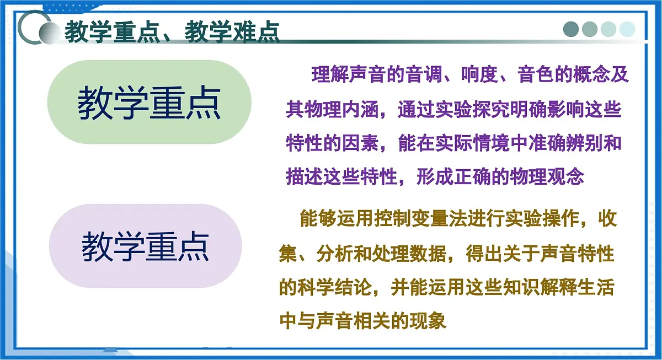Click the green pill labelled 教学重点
click(149, 103)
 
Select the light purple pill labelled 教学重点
click(146, 246)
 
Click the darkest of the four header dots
click(572, 29)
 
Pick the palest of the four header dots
click(627, 29)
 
